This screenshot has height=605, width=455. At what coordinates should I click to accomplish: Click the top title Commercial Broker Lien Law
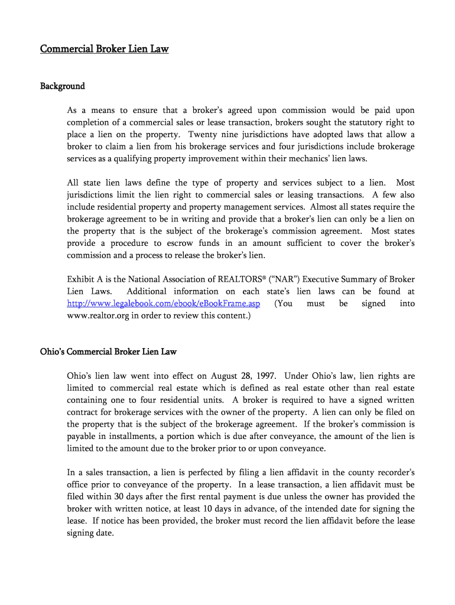click(104, 49)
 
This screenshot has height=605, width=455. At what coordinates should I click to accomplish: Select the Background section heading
click(63, 86)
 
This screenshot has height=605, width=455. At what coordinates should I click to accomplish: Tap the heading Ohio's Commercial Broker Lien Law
click(108, 352)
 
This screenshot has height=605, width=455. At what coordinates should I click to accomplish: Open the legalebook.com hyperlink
click(163, 304)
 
